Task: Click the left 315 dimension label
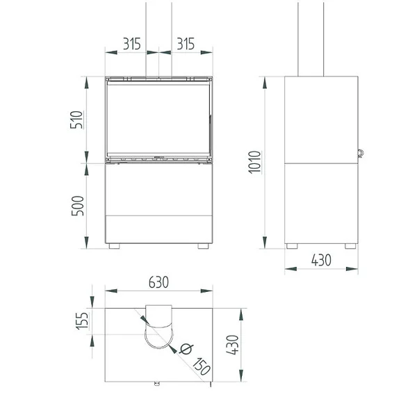click(x=131, y=44)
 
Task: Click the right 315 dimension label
click(x=186, y=44)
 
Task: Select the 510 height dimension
click(x=76, y=120)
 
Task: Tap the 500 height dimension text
click(x=78, y=206)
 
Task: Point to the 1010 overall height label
click(x=254, y=162)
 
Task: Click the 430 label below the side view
click(x=321, y=261)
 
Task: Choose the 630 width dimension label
click(x=158, y=282)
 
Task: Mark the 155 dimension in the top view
click(x=83, y=321)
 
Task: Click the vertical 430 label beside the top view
click(x=232, y=345)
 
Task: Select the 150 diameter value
click(x=202, y=366)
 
